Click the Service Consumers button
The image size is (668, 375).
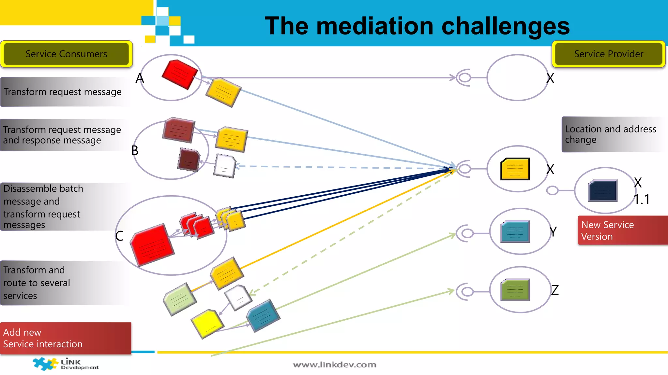66,54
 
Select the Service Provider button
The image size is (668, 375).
608,54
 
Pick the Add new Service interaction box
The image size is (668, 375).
65,338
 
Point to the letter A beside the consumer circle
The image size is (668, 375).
140,78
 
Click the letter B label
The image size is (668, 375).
135,151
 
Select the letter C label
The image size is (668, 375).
119,236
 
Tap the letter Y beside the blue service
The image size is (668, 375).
553,232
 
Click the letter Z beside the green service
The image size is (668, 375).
555,290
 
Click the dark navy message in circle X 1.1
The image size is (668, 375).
602,191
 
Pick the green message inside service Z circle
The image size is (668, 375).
515,290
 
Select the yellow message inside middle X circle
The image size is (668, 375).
515,169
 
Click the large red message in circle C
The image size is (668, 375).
152,245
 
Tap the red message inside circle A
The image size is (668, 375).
180,74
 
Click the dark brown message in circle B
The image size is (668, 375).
189,160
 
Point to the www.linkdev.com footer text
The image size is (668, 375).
335,365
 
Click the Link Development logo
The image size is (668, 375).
65,364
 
